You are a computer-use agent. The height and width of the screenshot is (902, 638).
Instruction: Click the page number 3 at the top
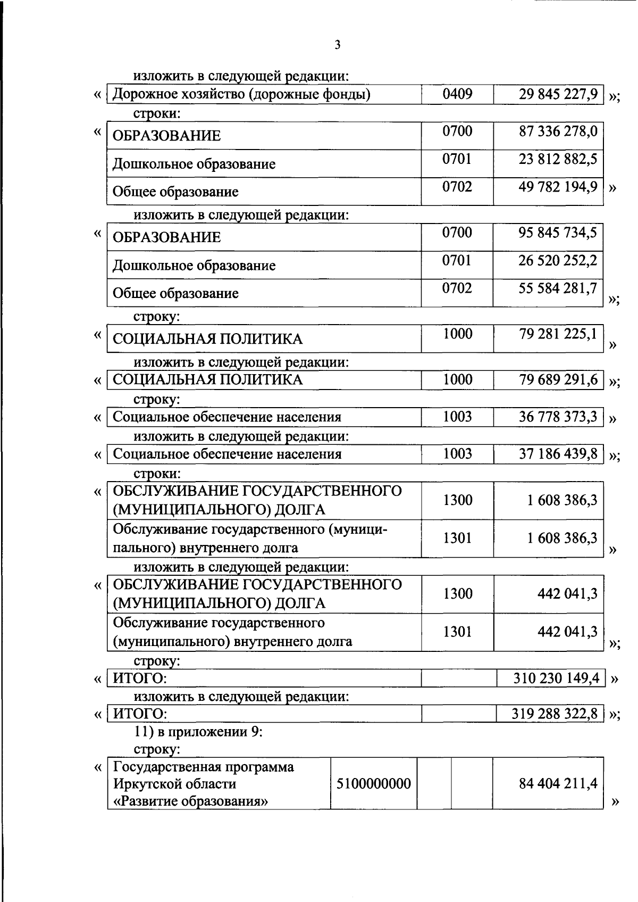[x=338, y=45]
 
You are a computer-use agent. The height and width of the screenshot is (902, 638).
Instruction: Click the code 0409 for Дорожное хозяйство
[x=457, y=94]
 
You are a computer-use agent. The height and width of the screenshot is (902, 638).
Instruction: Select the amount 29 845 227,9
[x=558, y=94]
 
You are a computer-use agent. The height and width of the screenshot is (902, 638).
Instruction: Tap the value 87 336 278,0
[x=558, y=131]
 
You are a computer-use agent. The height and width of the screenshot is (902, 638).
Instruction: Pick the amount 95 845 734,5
[x=558, y=233]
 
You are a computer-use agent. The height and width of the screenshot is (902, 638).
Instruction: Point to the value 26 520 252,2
[x=558, y=260]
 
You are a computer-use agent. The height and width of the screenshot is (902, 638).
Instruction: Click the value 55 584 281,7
[x=558, y=288]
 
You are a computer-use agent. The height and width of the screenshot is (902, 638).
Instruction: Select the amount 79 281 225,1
[x=558, y=334]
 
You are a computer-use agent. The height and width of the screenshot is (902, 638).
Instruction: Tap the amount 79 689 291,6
[x=558, y=379]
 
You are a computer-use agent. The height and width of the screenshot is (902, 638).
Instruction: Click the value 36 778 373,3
[x=558, y=417]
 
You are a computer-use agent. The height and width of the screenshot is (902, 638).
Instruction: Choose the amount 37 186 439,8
[x=558, y=454]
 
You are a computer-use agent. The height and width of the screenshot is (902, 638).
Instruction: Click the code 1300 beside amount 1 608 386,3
[x=457, y=500]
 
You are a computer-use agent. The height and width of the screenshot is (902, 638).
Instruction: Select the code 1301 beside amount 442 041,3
[x=457, y=632]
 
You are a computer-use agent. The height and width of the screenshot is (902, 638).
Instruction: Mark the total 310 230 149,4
[x=556, y=678]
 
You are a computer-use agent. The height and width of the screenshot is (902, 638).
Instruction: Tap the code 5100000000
[x=374, y=783]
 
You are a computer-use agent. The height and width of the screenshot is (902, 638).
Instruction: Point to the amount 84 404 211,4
[x=558, y=783]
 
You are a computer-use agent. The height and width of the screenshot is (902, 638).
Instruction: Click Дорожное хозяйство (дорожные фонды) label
[x=242, y=94]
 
